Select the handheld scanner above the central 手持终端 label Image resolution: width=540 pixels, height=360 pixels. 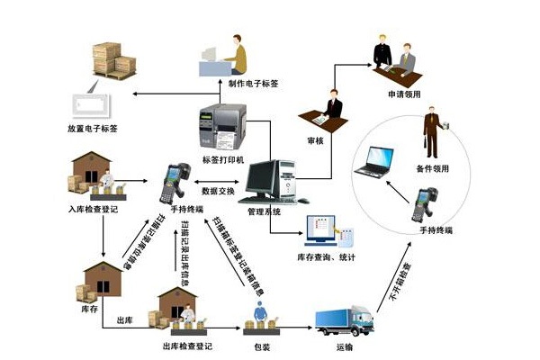point(174,184)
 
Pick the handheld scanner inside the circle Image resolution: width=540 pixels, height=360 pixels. point(424,204)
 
